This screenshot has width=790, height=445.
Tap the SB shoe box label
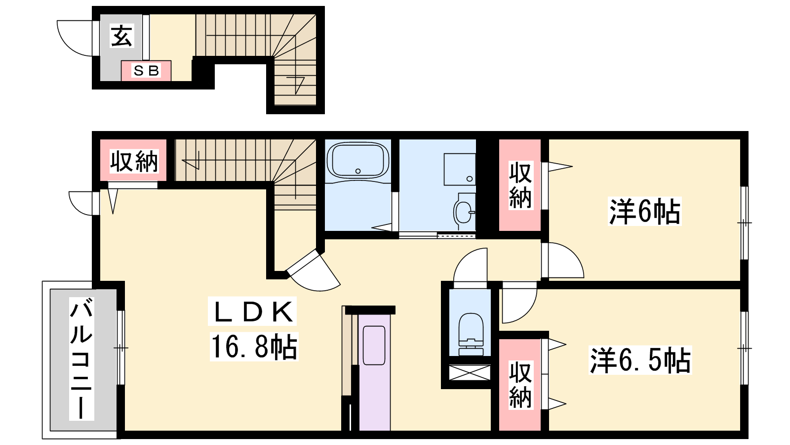point(146,71)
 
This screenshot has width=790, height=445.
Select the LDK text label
point(252,311)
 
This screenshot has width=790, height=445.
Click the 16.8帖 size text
point(254,347)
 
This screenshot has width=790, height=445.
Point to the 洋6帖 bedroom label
point(645,211)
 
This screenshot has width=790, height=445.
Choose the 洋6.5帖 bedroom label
point(640,360)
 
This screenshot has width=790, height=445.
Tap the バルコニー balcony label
point(81,358)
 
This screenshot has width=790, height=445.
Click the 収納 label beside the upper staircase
point(134,162)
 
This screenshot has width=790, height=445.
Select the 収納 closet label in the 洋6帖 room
point(520,185)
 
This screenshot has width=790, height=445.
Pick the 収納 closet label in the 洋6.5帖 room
point(520,385)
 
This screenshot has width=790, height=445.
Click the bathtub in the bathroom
point(358,161)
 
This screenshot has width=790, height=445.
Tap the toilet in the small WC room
point(471,334)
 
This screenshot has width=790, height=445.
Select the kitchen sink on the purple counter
point(374,346)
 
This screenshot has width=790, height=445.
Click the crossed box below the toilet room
point(470,372)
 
